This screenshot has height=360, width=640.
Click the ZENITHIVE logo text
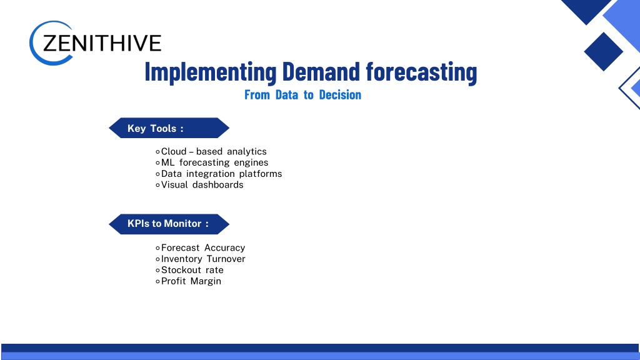tap(102, 43)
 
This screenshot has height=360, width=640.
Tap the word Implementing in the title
tap(211, 72)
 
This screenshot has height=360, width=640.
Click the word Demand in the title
tap(321, 71)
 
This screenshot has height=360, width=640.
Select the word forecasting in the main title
tap(421, 72)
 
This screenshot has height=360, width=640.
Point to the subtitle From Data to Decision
tap(303, 95)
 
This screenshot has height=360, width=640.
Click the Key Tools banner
tap(169, 128)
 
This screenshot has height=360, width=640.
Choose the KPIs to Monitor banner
tap(169, 224)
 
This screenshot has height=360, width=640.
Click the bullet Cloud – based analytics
tap(211, 151)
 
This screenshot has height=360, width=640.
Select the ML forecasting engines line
tap(212, 162)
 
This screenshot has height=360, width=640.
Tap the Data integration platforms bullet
tap(219, 174)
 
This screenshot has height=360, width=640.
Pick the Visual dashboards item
tap(199, 184)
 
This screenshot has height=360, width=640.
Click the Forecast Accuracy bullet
tap(201, 247)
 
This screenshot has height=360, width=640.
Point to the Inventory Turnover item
tap(201, 259)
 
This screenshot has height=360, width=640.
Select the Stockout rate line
tap(190, 270)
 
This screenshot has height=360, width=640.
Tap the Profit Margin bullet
tap(189, 281)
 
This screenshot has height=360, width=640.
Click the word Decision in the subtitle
tap(340, 95)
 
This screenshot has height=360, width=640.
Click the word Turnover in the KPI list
tap(226, 259)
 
